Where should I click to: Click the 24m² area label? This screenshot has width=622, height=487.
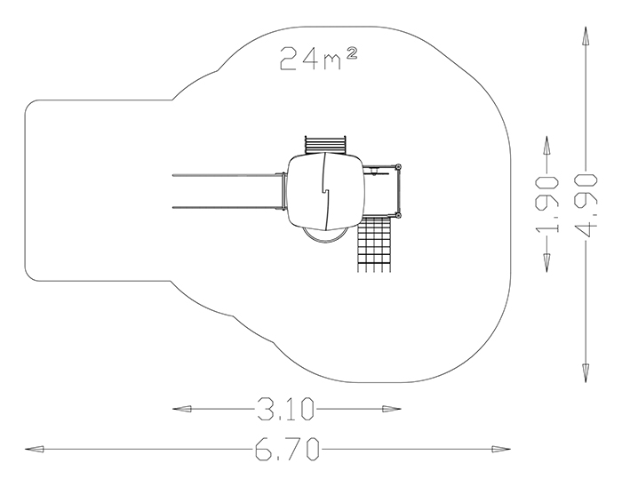click(319, 59)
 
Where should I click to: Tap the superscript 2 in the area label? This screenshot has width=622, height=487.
click(352, 53)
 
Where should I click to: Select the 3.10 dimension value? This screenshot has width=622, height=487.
click(285, 409)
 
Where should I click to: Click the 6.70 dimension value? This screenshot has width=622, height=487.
click(287, 449)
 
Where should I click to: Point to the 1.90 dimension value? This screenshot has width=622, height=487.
click(546, 204)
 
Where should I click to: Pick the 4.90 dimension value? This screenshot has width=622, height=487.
click(586, 204)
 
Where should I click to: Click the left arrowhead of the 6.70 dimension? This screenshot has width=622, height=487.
click(34, 450)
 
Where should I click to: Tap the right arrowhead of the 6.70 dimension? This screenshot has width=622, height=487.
click(501, 450)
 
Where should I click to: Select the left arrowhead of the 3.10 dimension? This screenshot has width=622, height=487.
click(181, 409)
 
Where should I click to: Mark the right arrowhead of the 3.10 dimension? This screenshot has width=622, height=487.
click(392, 409)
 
